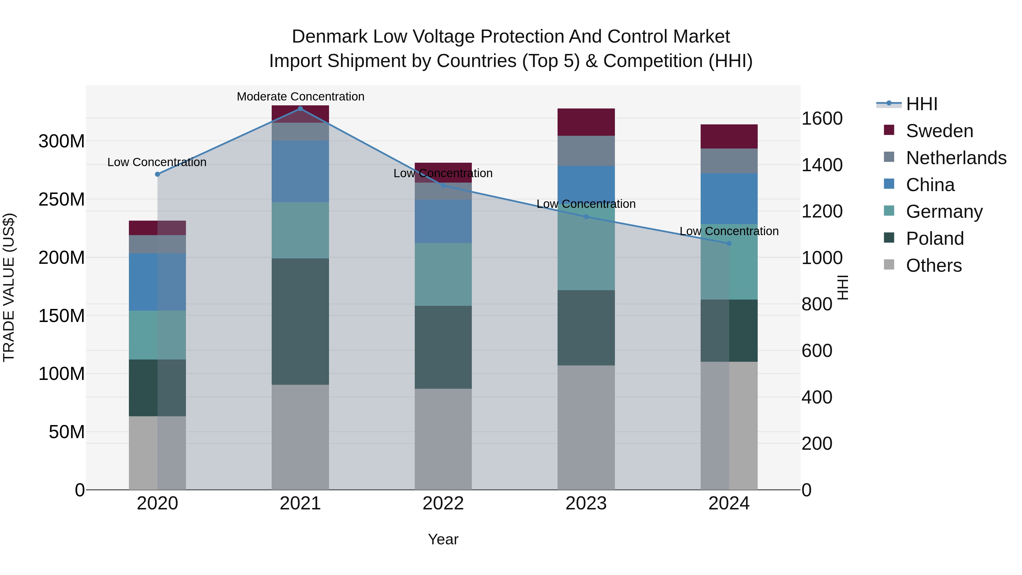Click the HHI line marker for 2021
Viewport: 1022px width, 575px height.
click(300, 109)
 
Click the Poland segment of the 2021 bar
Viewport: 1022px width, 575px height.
click(300, 321)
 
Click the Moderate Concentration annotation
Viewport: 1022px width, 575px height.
click(300, 97)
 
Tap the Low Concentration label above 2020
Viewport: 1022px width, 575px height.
click(157, 162)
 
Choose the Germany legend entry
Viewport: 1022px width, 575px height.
click(944, 212)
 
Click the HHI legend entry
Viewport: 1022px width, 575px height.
click(921, 104)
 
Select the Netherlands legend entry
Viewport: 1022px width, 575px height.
click(956, 158)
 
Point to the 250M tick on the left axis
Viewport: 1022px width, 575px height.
click(62, 199)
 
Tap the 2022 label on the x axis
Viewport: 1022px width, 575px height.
click(443, 503)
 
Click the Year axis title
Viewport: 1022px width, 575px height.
click(443, 539)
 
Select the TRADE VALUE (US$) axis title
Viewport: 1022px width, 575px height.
click(9, 287)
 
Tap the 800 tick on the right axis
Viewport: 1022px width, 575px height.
click(817, 304)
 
